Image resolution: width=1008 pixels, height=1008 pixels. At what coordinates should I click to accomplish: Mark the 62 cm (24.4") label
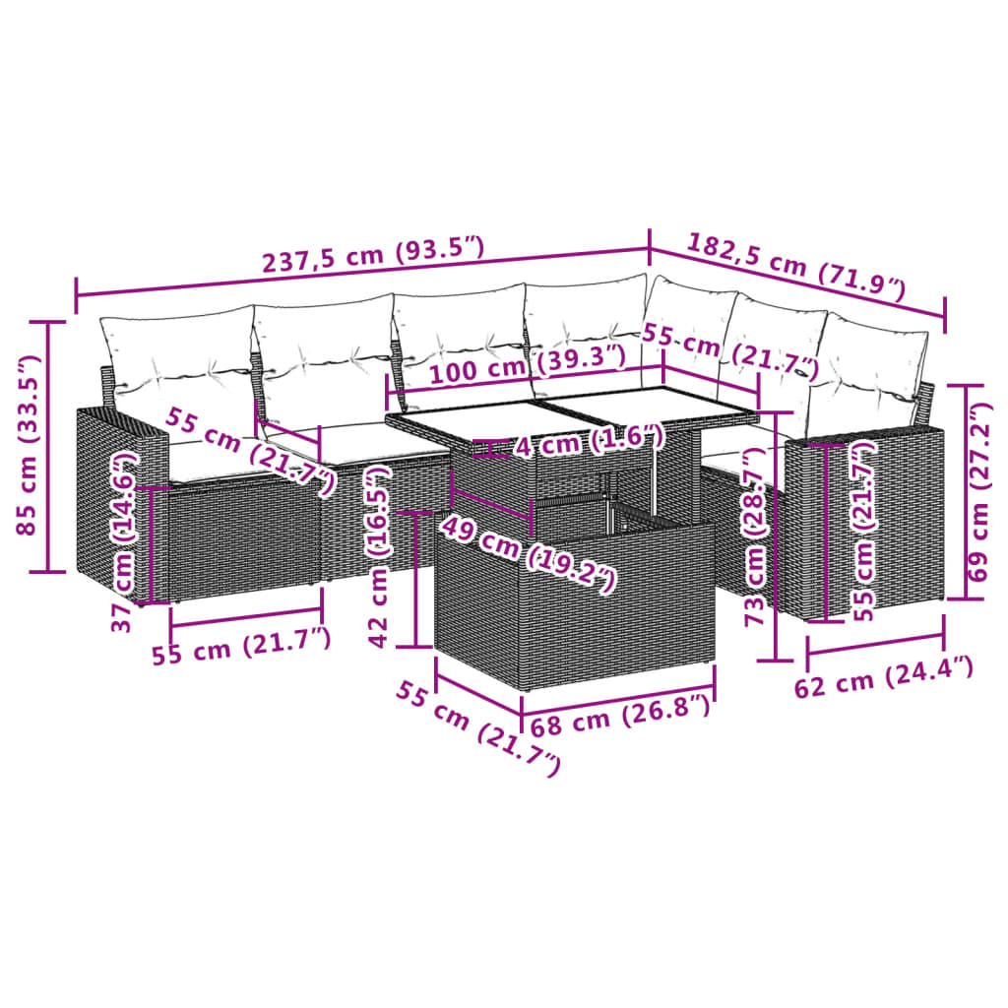pos(883,677)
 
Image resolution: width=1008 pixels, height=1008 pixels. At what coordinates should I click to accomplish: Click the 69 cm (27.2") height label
pos(980,492)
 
